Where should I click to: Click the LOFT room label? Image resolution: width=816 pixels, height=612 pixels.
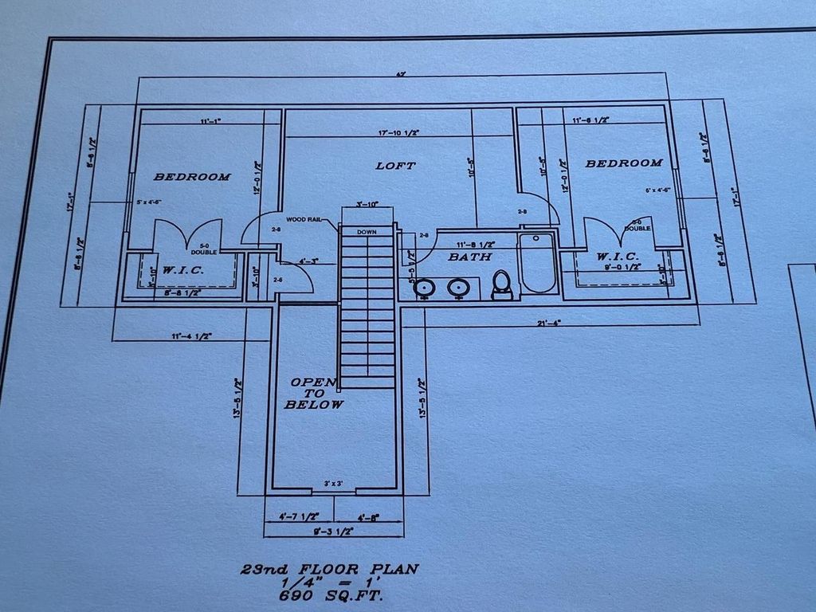pyautogui.click(x=395, y=166)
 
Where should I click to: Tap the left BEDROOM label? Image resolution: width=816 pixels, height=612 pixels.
pyautogui.click(x=192, y=177)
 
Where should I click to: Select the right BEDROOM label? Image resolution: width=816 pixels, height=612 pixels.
pyautogui.click(x=624, y=163)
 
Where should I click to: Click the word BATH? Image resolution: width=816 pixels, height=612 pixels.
pyautogui.click(x=469, y=257)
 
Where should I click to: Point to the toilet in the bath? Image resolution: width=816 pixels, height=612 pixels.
pyautogui.click(x=502, y=284)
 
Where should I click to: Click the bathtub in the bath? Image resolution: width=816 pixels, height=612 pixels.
pyautogui.click(x=538, y=263)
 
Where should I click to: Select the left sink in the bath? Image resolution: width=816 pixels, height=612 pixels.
pyautogui.click(x=425, y=288)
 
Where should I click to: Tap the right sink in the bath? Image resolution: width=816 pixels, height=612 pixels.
pyautogui.click(x=457, y=287)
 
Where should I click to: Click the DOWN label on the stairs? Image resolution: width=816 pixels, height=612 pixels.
pyautogui.click(x=367, y=232)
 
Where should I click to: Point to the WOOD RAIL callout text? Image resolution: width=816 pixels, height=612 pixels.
pyautogui.click(x=304, y=219)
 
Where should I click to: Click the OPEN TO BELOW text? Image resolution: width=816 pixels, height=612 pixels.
pyautogui.click(x=314, y=394)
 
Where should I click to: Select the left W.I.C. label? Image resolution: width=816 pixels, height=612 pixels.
pyautogui.click(x=184, y=271)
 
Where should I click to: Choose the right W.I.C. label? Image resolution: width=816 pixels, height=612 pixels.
pyautogui.click(x=618, y=257)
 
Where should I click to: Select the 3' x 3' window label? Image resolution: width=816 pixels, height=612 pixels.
pyautogui.click(x=333, y=484)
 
